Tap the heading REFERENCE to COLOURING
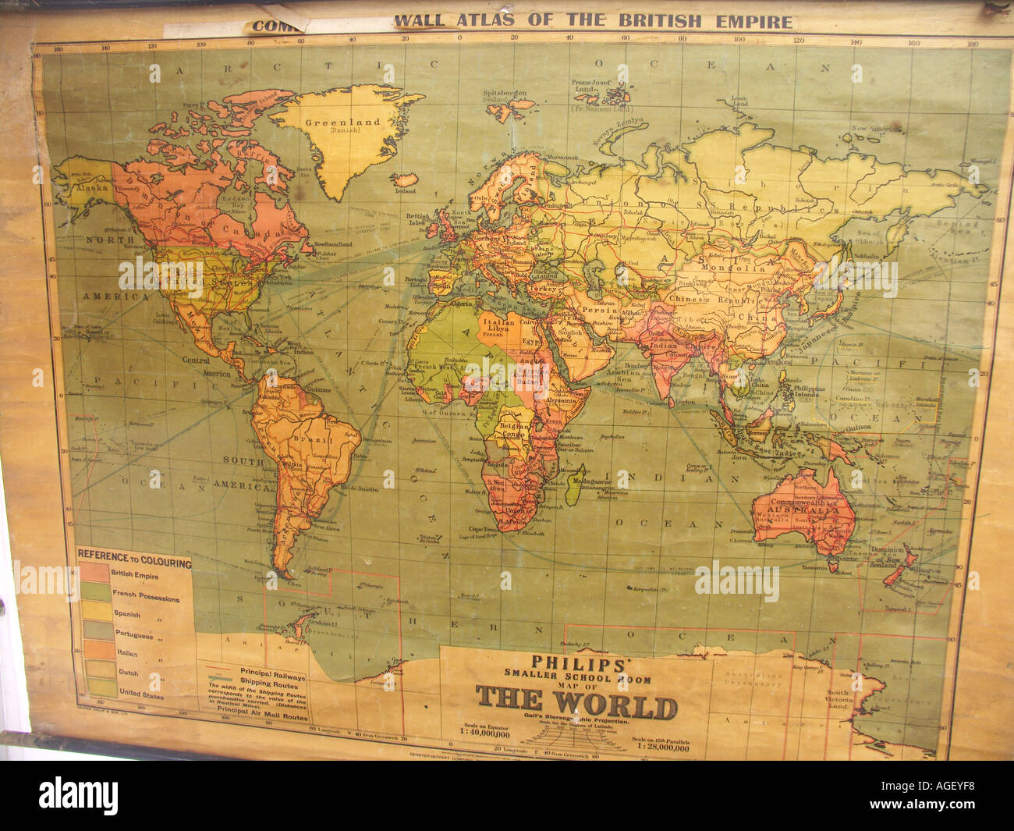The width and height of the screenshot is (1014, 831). [134, 563]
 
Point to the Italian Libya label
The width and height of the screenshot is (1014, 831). [498, 326]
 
